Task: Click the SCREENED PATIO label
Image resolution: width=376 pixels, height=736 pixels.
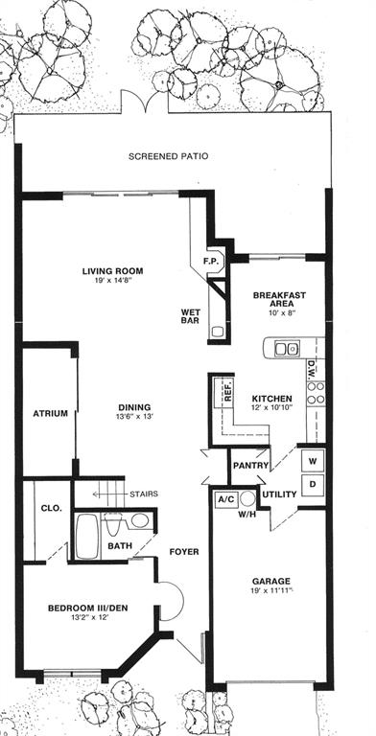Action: (x=168, y=156)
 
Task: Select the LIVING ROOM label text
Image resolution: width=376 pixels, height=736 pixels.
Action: (x=113, y=271)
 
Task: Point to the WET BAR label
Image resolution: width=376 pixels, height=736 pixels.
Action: (x=191, y=316)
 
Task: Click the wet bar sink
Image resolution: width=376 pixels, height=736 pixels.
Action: (x=217, y=332)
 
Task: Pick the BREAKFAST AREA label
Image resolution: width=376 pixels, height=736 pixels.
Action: (x=279, y=299)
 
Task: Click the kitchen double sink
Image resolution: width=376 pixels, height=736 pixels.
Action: (x=287, y=348)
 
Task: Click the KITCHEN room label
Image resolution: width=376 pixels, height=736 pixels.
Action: (x=272, y=399)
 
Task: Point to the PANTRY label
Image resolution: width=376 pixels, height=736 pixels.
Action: (x=251, y=466)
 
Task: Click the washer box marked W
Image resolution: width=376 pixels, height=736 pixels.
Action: (x=313, y=461)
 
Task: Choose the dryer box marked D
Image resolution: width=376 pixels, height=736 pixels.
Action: (x=313, y=484)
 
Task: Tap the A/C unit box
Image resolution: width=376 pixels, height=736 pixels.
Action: (x=225, y=499)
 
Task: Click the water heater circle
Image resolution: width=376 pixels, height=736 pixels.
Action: (x=247, y=498)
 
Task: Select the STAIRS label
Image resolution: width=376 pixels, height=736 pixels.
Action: (x=144, y=494)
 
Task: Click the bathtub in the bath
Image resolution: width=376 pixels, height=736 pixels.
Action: (x=87, y=536)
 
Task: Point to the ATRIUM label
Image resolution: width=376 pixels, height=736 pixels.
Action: (x=50, y=414)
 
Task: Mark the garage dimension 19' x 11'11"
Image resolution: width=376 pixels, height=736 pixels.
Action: (x=270, y=590)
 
